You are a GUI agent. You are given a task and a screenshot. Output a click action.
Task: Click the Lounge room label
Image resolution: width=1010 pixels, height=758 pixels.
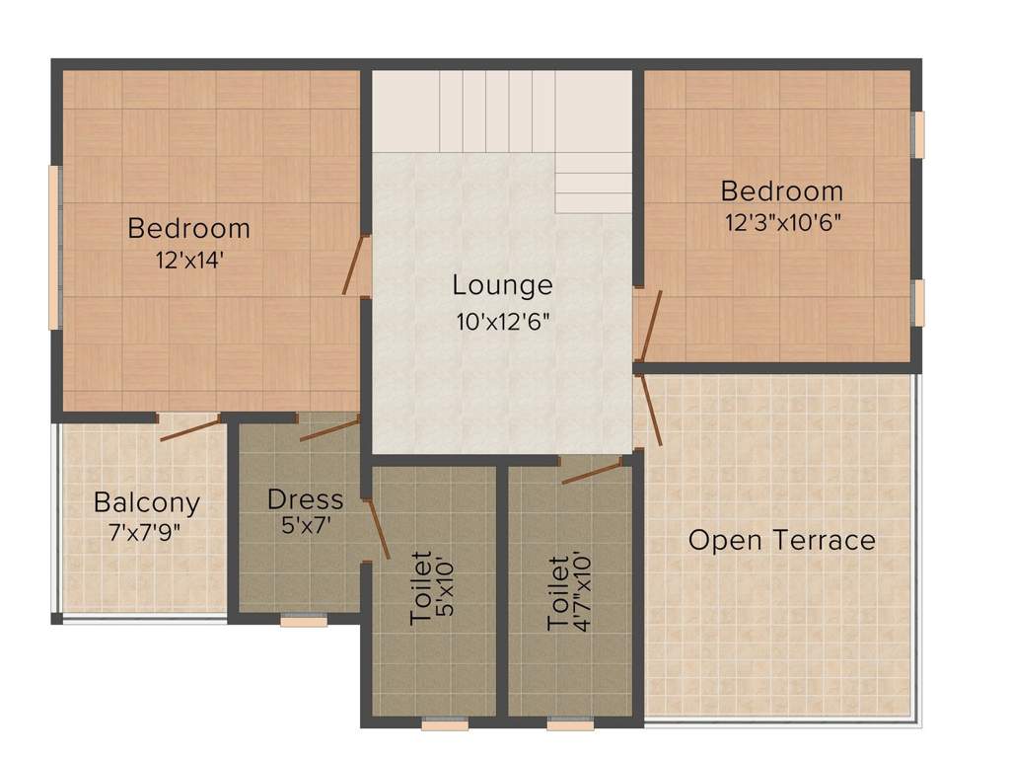coord(502,285)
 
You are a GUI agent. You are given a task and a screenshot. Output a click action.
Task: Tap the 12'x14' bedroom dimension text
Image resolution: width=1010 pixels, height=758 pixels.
coord(189,261)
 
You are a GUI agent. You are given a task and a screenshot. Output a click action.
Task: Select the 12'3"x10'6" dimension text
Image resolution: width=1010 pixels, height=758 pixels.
coord(783,222)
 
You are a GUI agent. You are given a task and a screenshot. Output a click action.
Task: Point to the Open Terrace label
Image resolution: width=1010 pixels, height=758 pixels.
coord(782,540)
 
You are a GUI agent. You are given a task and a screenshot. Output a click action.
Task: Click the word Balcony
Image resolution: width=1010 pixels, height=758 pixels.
coord(147,502)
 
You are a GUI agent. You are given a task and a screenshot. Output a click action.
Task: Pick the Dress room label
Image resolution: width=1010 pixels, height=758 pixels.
coord(306,499)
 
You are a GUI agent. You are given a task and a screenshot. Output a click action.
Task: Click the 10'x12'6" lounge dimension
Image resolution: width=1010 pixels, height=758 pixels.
coord(503,321)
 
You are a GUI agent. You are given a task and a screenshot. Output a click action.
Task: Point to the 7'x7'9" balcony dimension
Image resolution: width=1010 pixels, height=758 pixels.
coord(145,533)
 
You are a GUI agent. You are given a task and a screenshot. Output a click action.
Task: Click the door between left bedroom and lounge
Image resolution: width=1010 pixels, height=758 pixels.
coord(355,265)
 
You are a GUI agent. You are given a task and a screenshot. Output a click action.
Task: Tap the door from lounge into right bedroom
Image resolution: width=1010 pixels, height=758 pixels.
coord(649,326)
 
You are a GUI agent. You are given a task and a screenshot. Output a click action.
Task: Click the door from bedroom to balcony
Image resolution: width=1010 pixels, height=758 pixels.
coord(190,428)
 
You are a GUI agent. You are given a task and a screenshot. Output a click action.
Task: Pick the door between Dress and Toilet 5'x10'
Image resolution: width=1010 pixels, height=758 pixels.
coord(378,528)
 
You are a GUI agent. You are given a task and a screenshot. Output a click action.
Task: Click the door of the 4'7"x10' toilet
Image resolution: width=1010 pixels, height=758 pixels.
coord(592,471)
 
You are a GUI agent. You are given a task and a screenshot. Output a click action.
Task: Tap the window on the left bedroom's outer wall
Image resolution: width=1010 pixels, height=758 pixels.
coord(55,248)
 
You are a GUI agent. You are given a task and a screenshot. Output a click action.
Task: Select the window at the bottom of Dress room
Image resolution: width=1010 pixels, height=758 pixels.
coord(304,621)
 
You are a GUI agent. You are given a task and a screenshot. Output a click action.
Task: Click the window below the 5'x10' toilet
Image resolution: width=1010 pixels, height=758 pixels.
coord(445,724)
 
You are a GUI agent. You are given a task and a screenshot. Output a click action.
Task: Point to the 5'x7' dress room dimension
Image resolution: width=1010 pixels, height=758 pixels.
coord(306,526)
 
